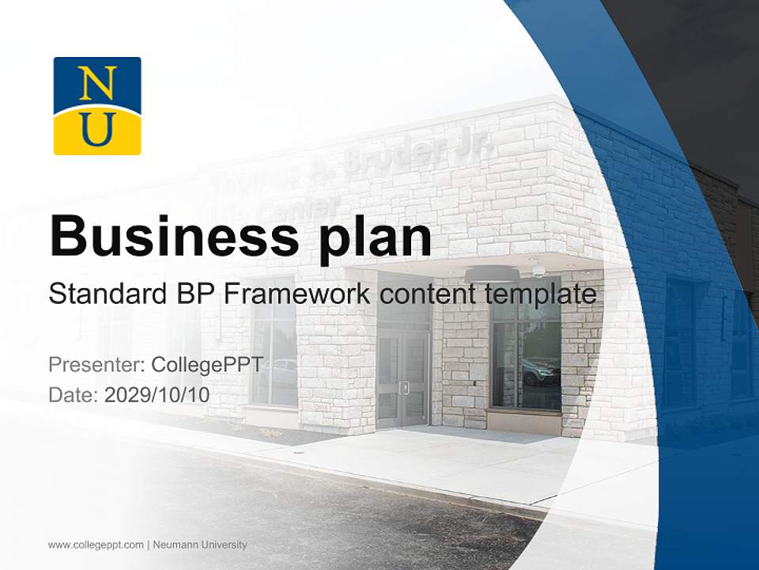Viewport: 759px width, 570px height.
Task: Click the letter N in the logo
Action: click(x=97, y=82)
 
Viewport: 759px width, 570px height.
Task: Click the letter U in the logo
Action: click(x=97, y=128)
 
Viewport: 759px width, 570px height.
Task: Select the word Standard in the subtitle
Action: click(x=105, y=294)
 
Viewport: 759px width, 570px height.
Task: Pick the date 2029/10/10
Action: click(x=157, y=395)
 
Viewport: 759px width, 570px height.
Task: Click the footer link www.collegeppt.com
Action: click(x=96, y=545)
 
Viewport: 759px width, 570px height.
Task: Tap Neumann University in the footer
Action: click(x=200, y=545)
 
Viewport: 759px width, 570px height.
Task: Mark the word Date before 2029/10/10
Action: click(x=73, y=395)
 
